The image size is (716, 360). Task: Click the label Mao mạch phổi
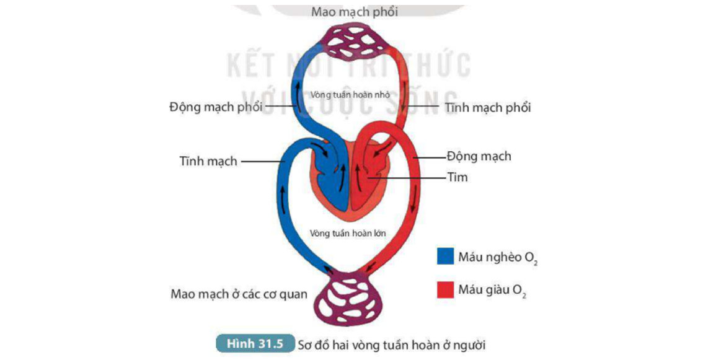pos(354,12)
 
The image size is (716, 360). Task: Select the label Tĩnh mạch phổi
pos(487,107)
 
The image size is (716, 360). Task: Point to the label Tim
pos(457,178)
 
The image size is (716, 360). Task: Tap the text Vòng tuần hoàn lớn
pos(348,234)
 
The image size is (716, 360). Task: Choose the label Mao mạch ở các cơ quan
pos(239,294)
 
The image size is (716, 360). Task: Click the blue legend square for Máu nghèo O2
pos(444,257)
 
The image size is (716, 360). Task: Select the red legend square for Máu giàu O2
pos(444,290)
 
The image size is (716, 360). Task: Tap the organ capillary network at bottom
pos(350,300)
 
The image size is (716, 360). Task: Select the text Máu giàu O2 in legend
pos(493,290)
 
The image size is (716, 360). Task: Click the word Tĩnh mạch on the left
pos(208,161)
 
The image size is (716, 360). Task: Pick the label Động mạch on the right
pos(479,156)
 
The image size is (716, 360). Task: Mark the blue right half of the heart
pos(335,186)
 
